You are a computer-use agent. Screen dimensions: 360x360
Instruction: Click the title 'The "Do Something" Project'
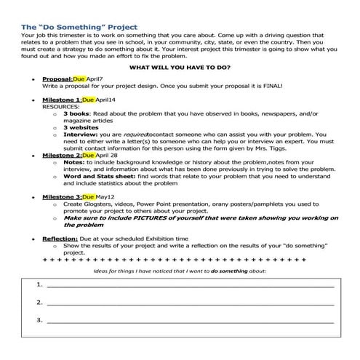[79, 28]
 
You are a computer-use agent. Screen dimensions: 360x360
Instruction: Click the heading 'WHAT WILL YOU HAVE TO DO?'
[180, 67]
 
